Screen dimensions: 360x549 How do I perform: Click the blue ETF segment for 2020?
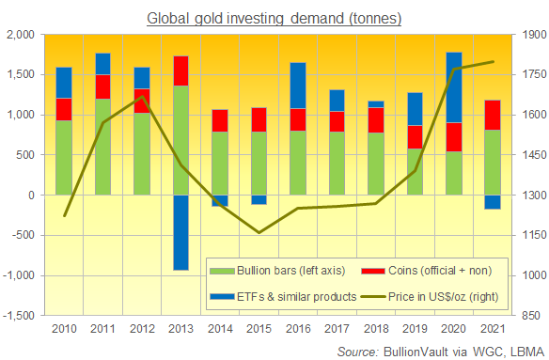point(453,87)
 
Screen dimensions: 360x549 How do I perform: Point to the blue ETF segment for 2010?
point(64,83)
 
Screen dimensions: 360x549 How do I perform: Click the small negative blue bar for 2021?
point(492,201)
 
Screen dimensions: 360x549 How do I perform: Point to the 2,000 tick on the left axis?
point(20,35)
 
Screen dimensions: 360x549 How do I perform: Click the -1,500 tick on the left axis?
point(18,316)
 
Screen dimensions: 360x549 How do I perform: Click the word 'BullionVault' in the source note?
point(405,350)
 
